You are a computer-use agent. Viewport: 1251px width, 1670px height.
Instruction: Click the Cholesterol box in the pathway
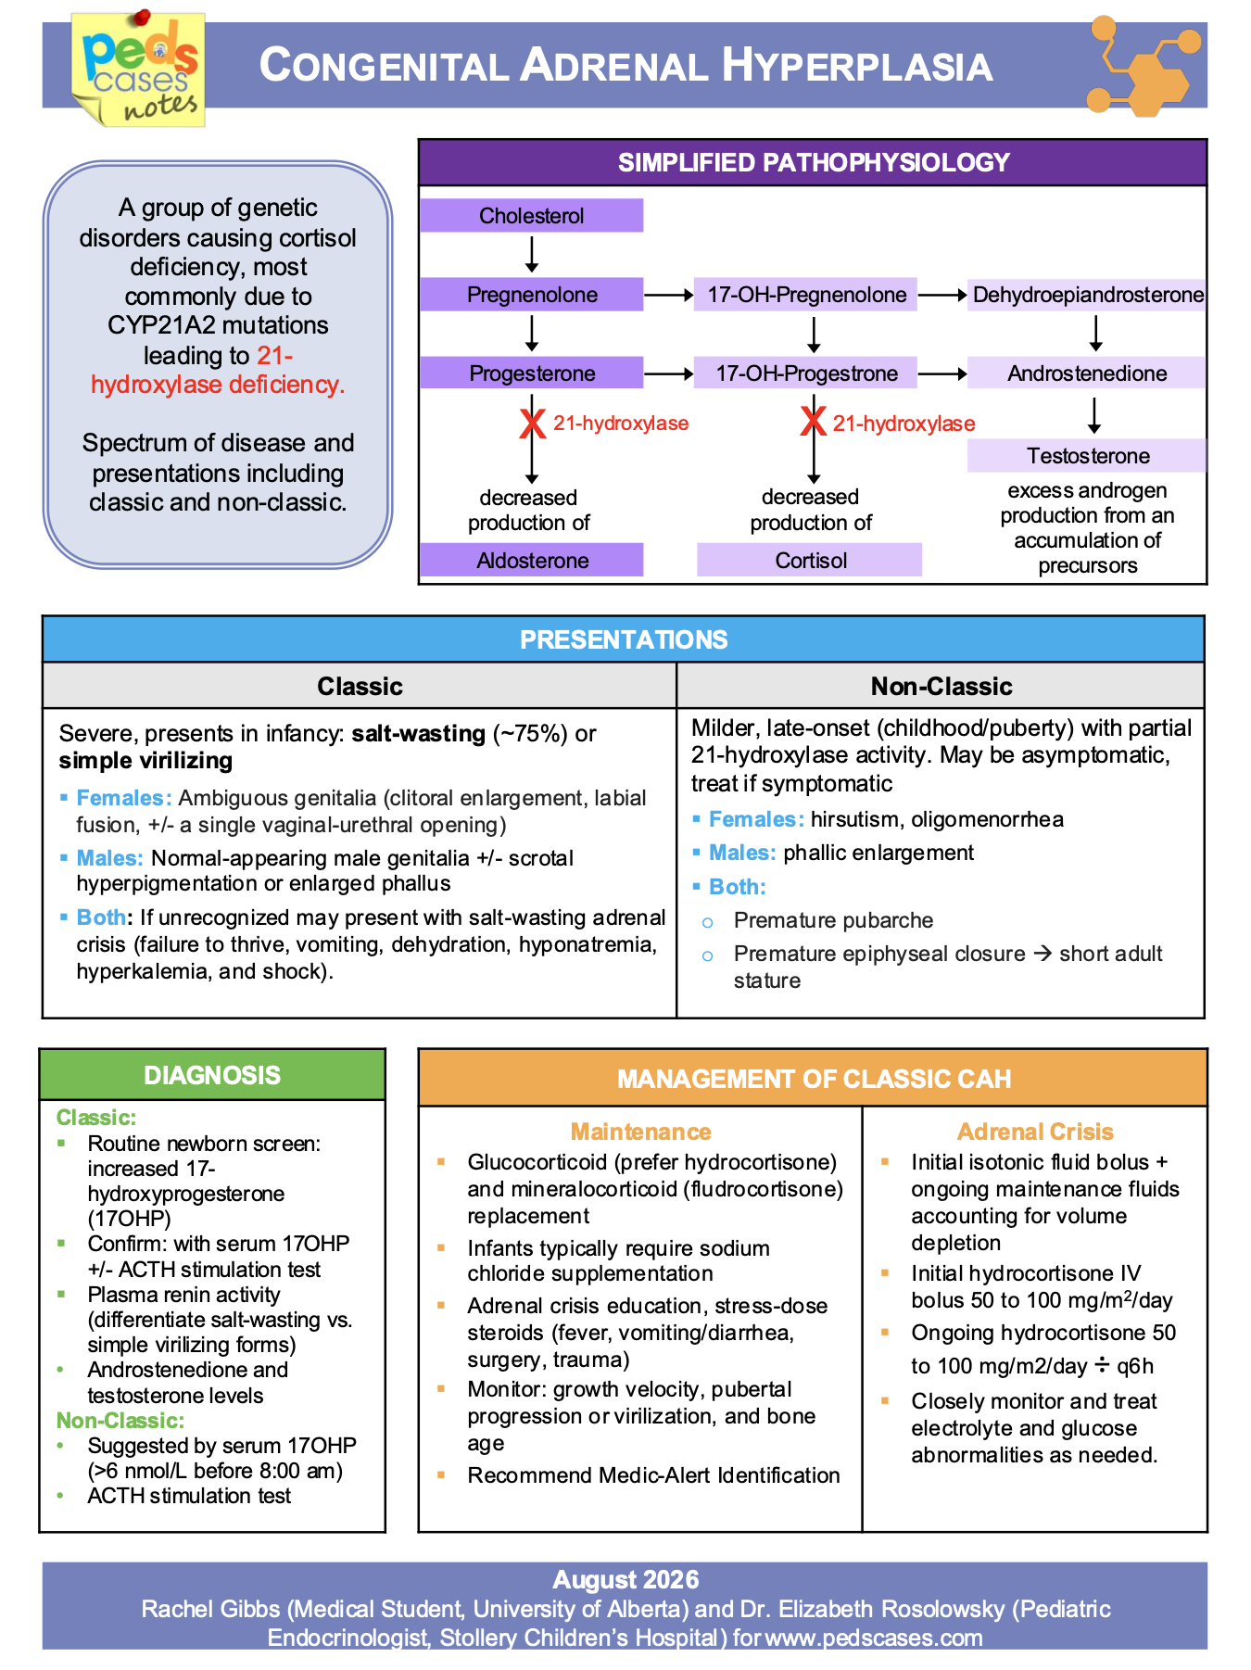tap(531, 215)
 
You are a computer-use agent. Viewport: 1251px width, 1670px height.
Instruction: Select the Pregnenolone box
tap(531, 295)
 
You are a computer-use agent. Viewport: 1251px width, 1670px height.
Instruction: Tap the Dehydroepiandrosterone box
tap(1087, 295)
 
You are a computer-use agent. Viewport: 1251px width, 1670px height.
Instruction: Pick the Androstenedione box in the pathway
tap(1087, 373)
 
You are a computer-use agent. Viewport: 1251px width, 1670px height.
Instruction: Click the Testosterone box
tap(1087, 456)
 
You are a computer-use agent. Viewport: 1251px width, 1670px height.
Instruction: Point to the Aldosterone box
tap(531, 560)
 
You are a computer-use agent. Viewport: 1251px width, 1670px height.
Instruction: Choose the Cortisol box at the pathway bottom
tap(810, 560)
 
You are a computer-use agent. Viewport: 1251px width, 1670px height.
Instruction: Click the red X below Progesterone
tap(532, 424)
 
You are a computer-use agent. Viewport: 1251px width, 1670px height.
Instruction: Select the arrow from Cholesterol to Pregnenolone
tap(532, 254)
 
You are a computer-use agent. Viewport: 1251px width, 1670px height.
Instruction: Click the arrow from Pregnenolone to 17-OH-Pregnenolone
tap(669, 295)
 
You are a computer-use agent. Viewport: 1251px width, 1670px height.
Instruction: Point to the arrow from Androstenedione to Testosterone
tap(1094, 415)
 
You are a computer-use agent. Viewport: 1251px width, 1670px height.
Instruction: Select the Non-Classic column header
tap(941, 686)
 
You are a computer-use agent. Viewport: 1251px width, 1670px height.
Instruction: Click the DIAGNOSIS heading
tap(212, 1075)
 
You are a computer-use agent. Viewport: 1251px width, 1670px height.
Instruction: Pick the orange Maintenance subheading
tap(640, 1132)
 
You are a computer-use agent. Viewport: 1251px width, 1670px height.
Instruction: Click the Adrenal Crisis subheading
tap(1035, 1132)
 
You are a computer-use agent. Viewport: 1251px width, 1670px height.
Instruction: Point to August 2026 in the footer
tap(625, 1580)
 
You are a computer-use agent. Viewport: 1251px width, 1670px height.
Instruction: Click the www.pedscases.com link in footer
tap(874, 1638)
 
